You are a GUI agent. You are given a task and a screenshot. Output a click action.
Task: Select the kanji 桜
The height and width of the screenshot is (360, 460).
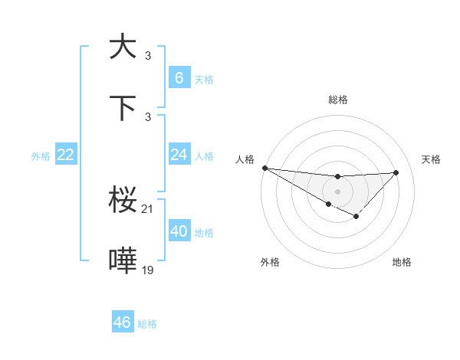pyautogui.click(x=123, y=201)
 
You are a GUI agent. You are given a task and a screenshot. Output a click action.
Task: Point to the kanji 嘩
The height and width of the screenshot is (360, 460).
pyautogui.click(x=123, y=263)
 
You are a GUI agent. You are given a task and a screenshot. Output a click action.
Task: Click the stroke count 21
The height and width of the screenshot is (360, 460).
pyautogui.click(x=148, y=209)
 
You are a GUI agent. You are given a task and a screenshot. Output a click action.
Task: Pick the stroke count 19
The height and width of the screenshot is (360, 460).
pyautogui.click(x=148, y=270)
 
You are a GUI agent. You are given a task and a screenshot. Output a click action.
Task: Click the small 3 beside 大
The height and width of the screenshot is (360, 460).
pyautogui.click(x=148, y=55)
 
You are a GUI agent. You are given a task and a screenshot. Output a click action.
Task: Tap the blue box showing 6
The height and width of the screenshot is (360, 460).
pyautogui.click(x=179, y=77)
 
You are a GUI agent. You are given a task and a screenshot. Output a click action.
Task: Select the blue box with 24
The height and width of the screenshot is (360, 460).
pyautogui.click(x=179, y=155)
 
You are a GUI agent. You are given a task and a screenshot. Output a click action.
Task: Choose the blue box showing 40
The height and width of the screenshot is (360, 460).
pyautogui.click(x=179, y=231)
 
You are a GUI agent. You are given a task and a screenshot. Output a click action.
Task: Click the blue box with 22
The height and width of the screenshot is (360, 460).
pyautogui.click(x=65, y=155)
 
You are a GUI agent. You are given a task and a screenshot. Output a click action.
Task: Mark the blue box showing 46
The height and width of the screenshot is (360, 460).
pyautogui.click(x=122, y=322)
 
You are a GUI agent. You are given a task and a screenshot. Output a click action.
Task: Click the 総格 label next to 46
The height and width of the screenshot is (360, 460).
pyautogui.click(x=147, y=324)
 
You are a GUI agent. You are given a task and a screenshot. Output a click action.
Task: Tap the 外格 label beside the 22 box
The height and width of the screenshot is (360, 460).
pyautogui.click(x=41, y=156)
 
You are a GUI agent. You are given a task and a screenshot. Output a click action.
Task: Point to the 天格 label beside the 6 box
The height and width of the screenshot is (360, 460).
pyautogui.click(x=204, y=79)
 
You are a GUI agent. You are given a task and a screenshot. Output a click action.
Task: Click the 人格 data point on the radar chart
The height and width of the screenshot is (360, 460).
pyautogui.click(x=264, y=168)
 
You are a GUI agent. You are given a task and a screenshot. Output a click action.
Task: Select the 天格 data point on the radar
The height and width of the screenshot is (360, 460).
pyautogui.click(x=396, y=172)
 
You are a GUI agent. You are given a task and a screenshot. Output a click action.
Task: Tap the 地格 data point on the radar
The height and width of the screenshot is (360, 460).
pyautogui.click(x=356, y=217)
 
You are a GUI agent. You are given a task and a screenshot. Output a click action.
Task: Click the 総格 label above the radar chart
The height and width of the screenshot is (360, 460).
pyautogui.click(x=338, y=100)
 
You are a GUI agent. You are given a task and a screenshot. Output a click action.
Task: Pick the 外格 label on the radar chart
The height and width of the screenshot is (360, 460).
pyautogui.click(x=270, y=262)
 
